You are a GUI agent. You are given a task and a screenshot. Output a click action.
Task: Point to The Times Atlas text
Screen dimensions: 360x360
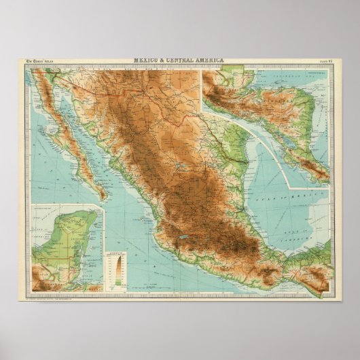(x=41, y=62)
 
